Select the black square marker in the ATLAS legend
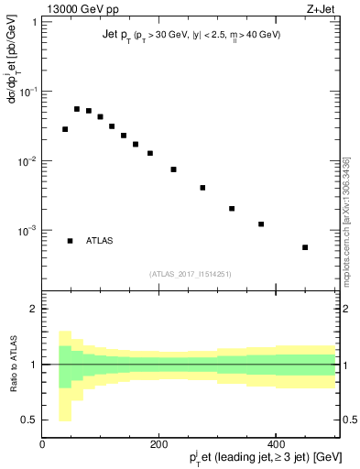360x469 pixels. coord(70,241)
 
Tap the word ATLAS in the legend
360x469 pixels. coord(100,241)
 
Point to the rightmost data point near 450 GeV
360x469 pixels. coord(305,247)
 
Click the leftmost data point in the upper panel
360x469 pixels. coord(65,129)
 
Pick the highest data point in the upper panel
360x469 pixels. coord(77,109)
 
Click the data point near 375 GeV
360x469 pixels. coord(261,224)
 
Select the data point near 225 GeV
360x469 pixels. coord(173,169)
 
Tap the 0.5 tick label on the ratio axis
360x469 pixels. coord(28,420)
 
